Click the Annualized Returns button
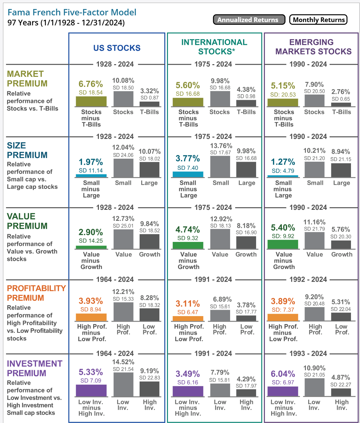point(249,20)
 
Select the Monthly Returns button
point(318,20)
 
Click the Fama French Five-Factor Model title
point(72,12)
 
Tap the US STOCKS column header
point(117,48)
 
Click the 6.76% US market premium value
point(91,84)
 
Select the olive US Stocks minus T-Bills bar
point(91,101)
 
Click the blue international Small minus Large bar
point(188,174)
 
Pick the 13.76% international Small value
point(221,146)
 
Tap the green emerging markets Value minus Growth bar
point(283,244)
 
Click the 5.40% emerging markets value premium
point(283,228)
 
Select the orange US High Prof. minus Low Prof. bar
point(91,317)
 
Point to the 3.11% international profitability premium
point(188,304)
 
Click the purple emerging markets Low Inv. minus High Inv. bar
point(283,391)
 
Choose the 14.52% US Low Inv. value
point(123,362)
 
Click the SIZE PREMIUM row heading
point(27,150)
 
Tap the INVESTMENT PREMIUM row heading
point(34,368)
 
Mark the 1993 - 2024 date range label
point(308,354)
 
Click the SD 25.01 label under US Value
point(123,226)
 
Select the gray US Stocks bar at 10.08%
point(123,99)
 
